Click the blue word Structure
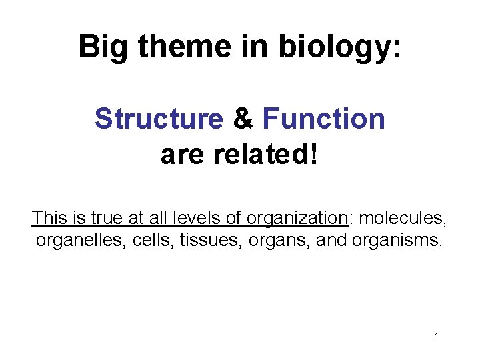159,119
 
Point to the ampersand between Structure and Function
243,119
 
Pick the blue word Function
324,119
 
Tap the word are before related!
185,156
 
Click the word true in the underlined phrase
106,218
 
